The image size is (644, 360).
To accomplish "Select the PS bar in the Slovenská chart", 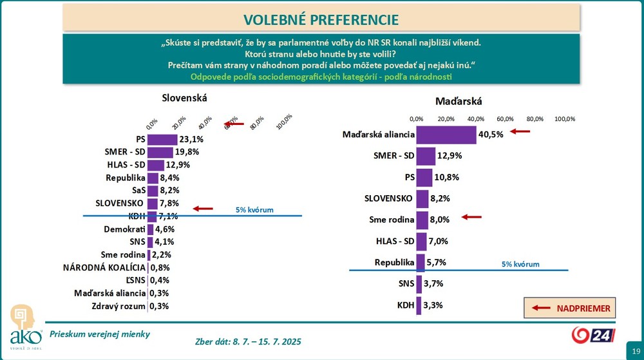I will pyautogui.click(x=162, y=139).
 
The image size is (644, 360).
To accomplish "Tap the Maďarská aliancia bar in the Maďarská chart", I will pyautogui.click(x=446, y=135).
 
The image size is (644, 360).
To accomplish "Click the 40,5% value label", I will pyautogui.click(x=491, y=135).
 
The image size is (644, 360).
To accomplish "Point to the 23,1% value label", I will pyautogui.click(x=192, y=139).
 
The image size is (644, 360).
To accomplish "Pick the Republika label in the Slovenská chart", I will pyautogui.click(x=125, y=178).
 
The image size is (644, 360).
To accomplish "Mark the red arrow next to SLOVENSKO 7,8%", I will pyautogui.click(x=203, y=208).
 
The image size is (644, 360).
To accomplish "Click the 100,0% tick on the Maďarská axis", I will pyautogui.click(x=565, y=119).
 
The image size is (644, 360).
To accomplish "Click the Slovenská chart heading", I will pyautogui.click(x=184, y=98).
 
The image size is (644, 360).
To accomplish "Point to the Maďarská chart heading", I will pyautogui.click(x=459, y=101).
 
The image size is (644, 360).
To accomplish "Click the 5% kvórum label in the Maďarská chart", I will pyautogui.click(x=520, y=264).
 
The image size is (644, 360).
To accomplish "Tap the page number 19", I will pyautogui.click(x=635, y=349).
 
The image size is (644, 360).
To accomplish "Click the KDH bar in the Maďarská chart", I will pyautogui.click(x=419, y=305).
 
